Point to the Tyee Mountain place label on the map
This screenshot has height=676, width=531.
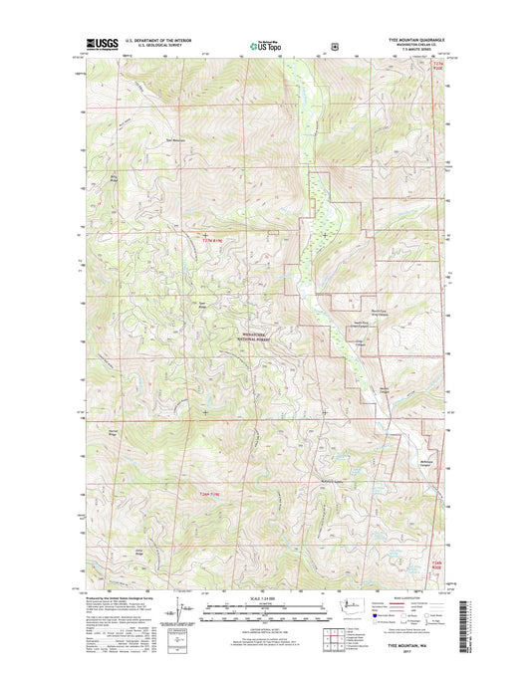(175, 139)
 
